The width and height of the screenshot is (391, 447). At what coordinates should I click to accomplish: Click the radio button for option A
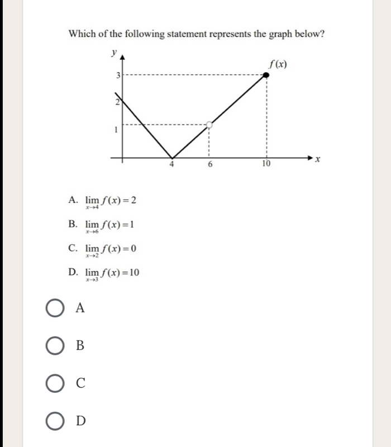click(x=54, y=308)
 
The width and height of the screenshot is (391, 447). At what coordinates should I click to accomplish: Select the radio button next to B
click(x=54, y=346)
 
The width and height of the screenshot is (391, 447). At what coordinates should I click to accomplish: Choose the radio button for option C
click(x=54, y=383)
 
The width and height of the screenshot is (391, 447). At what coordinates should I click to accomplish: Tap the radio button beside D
click(x=54, y=421)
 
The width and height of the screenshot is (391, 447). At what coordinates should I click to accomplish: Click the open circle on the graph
click(x=209, y=124)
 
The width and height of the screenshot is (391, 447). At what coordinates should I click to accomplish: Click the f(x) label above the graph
click(x=278, y=65)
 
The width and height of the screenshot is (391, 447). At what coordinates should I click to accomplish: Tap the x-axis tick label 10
click(x=266, y=164)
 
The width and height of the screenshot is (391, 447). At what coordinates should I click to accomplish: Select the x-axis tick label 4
click(x=172, y=165)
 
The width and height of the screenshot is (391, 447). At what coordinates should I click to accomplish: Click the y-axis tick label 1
click(x=115, y=129)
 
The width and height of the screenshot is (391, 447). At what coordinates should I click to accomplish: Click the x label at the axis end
click(x=318, y=160)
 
